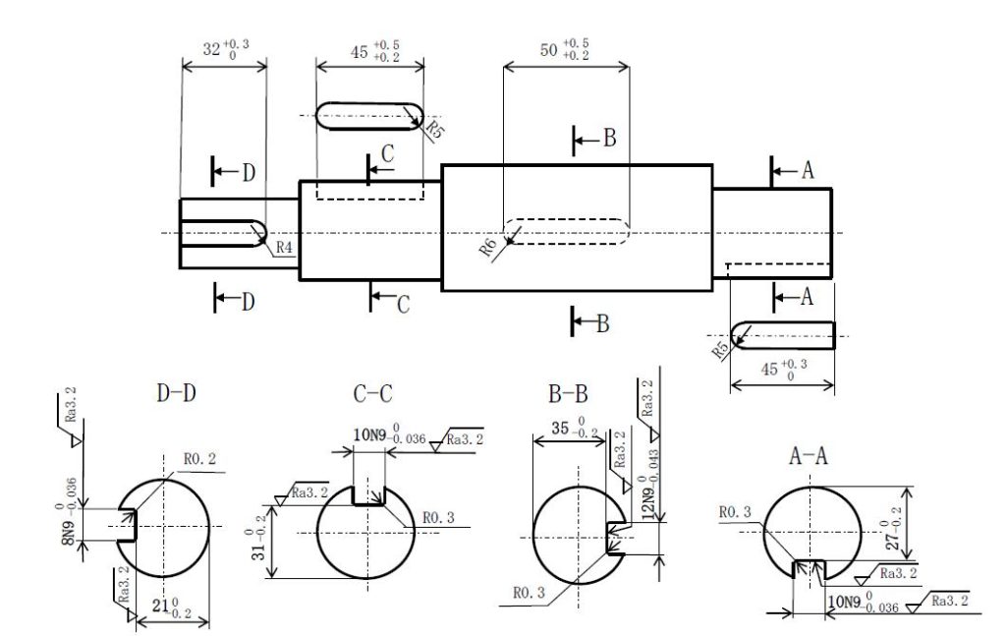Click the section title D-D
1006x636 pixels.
[x=176, y=393]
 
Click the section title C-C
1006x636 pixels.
[x=372, y=393]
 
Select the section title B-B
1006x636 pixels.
[x=568, y=393]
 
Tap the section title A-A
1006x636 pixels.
[x=809, y=456]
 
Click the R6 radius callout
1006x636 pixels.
[x=488, y=247]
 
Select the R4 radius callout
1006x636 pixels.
[x=284, y=247]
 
